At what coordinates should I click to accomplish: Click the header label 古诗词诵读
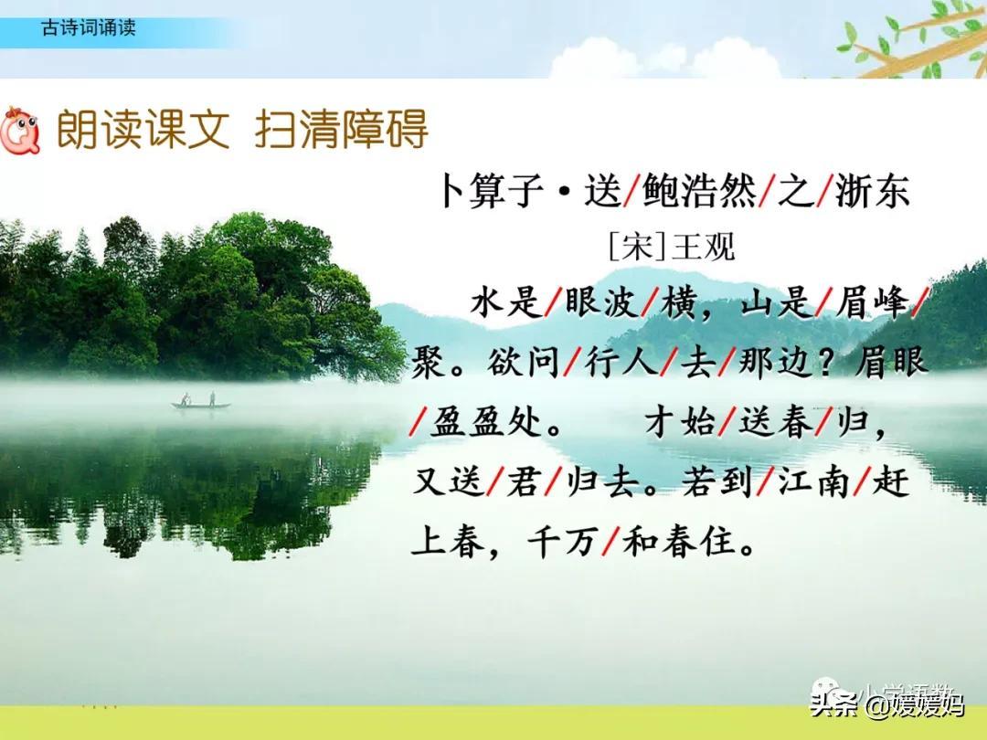88,27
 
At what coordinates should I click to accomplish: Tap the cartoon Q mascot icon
20,131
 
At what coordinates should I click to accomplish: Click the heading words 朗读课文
143,129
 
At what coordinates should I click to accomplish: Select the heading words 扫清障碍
342,129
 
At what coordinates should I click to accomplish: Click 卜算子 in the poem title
491,191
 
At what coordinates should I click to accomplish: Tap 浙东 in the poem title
873,191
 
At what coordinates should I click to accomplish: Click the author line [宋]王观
672,246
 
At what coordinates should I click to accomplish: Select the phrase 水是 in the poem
506,302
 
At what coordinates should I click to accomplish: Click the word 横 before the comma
678,302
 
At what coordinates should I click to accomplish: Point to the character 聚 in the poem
430,362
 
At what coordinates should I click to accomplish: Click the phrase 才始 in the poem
680,421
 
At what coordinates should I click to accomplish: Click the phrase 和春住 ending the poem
678,541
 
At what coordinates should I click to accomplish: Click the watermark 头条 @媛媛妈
886,704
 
